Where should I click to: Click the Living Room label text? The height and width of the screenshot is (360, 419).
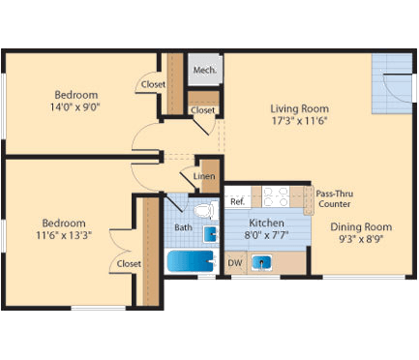pyautogui.click(x=299, y=108)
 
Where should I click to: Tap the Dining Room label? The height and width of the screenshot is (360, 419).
pyautogui.click(x=354, y=227)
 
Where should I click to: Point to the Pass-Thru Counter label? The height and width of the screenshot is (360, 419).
pyautogui.click(x=335, y=198)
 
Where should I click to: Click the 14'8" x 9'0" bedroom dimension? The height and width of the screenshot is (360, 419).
pyautogui.click(x=75, y=107)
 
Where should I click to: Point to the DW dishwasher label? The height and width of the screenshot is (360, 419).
pyautogui.click(x=234, y=262)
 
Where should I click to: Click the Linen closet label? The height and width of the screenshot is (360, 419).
pyautogui.click(x=204, y=176)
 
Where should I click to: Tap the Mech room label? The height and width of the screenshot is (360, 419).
pyautogui.click(x=204, y=70)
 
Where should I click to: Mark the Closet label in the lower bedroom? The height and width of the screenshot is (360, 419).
pyautogui.click(x=129, y=263)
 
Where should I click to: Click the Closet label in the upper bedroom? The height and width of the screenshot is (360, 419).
pyautogui.click(x=153, y=84)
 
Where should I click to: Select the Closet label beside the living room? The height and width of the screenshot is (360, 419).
pyautogui.click(x=202, y=110)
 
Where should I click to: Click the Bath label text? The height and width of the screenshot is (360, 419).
pyautogui.click(x=183, y=227)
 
